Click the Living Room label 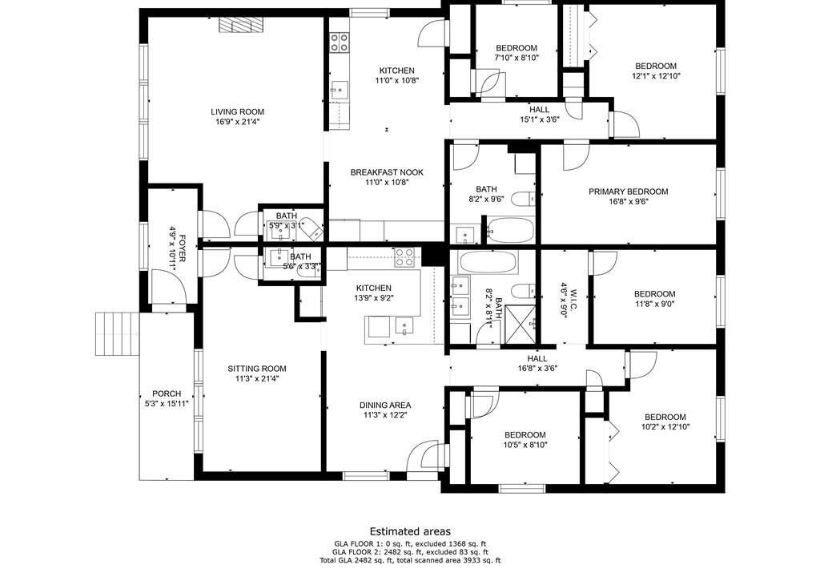point(237,111)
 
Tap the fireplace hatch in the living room point(242,25)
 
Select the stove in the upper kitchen point(340,42)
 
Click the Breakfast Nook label point(387,172)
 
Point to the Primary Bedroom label point(628,192)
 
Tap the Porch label point(167,393)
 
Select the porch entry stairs point(117,333)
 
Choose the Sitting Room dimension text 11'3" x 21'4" point(257,378)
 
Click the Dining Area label point(385,406)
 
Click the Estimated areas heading point(410,531)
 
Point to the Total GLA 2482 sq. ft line point(410,560)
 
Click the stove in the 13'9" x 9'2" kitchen point(405,256)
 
